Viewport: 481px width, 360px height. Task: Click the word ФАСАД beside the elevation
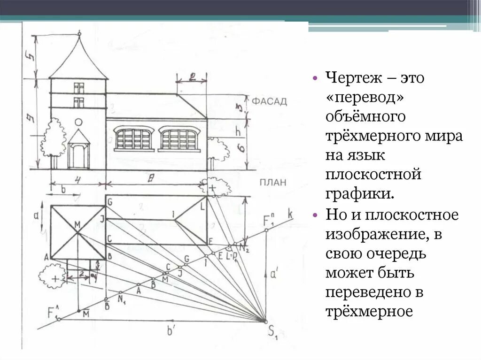pyautogui.click(x=269, y=102)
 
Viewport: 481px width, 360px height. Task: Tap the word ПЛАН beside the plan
pyautogui.click(x=272, y=183)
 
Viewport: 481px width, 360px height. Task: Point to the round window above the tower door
pyautogui.click(x=78, y=122)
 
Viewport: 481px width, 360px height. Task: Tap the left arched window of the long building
pyautogui.click(x=134, y=138)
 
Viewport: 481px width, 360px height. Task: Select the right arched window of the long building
pyautogui.click(x=178, y=138)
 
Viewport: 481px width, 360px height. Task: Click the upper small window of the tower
pyautogui.click(x=78, y=87)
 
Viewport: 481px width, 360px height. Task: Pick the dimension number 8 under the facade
pyautogui.click(x=150, y=177)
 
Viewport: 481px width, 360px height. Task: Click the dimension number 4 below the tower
pyautogui.click(x=78, y=178)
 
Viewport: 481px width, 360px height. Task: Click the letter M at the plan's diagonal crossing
pyautogui.click(x=78, y=224)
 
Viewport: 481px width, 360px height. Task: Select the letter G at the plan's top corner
pyautogui.click(x=109, y=202)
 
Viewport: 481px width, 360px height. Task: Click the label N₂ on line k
pyautogui.click(x=244, y=246)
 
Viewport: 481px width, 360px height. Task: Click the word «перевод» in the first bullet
pyautogui.click(x=357, y=96)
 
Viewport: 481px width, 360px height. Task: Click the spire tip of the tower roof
pyautogui.click(x=79, y=33)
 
